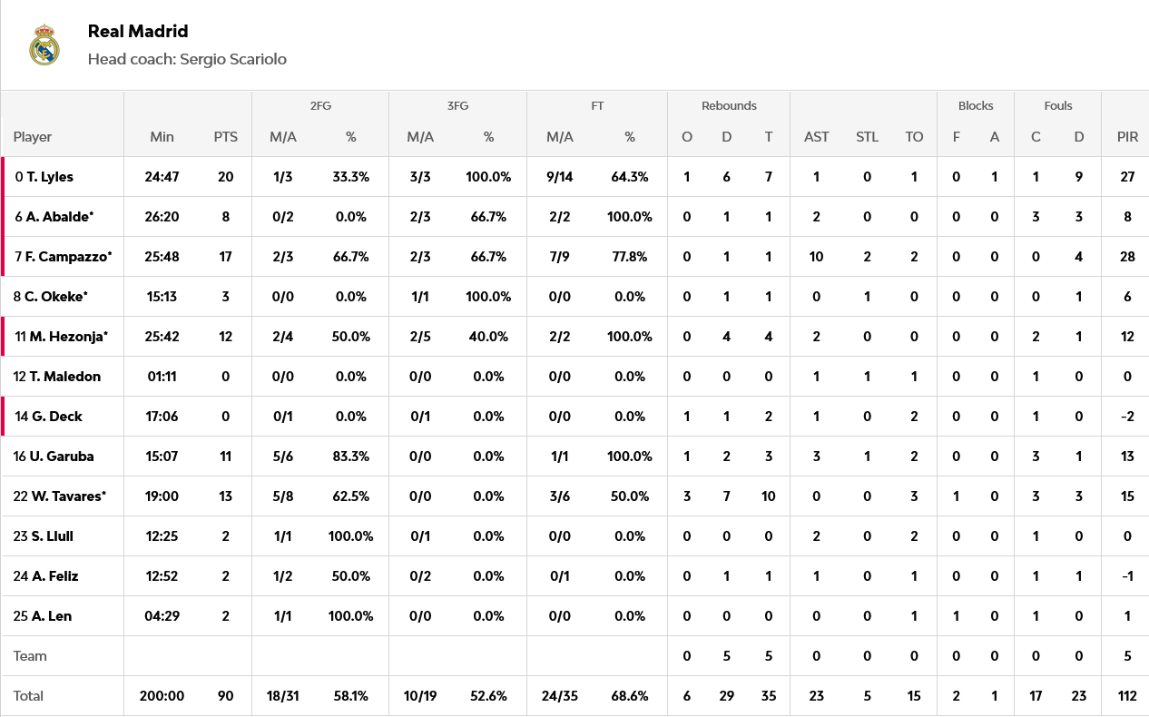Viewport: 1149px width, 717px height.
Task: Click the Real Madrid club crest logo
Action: click(x=44, y=45)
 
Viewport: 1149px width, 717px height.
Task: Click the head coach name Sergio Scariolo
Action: click(x=233, y=59)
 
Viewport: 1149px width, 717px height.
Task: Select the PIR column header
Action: click(x=1127, y=137)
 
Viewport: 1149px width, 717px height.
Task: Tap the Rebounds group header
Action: click(x=729, y=105)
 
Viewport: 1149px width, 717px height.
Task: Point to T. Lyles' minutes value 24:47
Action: click(x=162, y=177)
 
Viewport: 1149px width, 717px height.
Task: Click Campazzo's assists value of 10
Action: click(x=816, y=257)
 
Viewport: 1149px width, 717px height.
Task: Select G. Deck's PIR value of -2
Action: click(x=1127, y=417)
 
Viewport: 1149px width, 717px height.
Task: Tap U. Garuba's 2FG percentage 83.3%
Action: click(x=350, y=457)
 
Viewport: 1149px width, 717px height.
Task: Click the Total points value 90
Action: click(x=225, y=696)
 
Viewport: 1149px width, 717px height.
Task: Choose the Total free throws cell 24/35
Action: click(x=559, y=696)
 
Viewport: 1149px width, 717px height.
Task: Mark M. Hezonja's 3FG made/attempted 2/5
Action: click(x=419, y=337)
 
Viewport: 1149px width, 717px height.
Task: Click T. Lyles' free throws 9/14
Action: click(x=559, y=177)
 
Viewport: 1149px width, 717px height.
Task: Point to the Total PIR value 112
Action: click(x=1127, y=696)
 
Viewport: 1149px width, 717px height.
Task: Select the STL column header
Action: click(x=867, y=137)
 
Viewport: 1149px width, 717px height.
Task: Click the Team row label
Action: click(x=30, y=656)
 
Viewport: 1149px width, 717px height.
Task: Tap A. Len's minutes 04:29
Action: click(x=162, y=616)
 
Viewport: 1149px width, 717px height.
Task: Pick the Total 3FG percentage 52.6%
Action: click(x=488, y=696)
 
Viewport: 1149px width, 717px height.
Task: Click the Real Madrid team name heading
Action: click(x=138, y=31)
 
